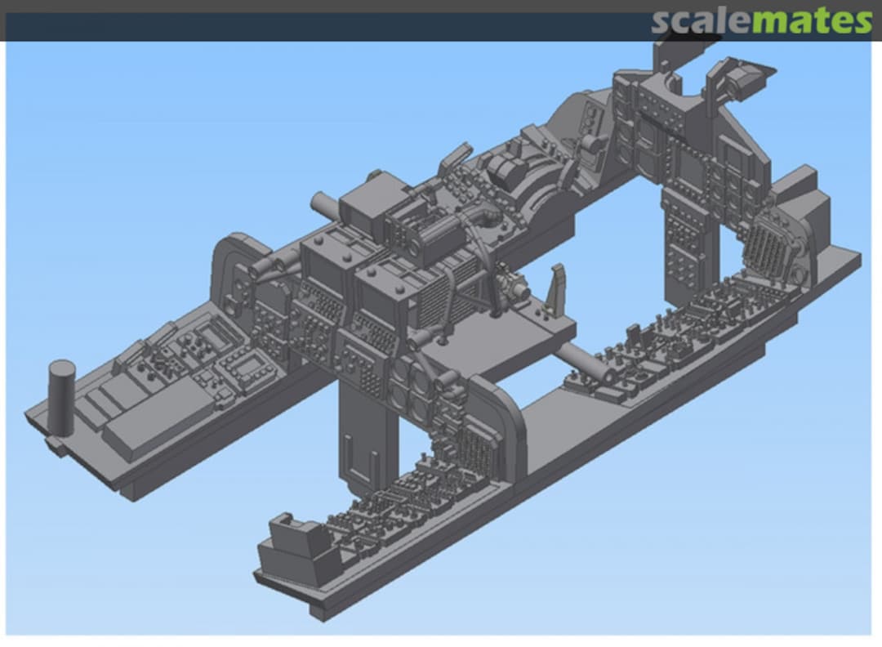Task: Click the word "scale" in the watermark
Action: point(701,21)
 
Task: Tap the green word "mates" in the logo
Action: point(812,21)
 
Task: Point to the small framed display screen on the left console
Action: point(246,368)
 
